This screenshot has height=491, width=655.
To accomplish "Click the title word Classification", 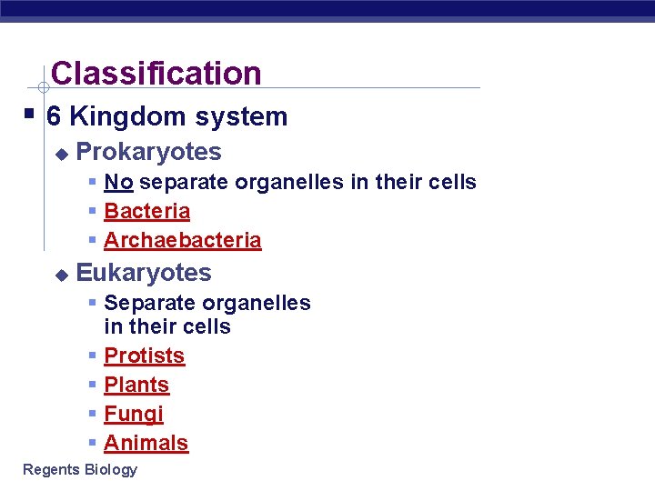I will [156, 74].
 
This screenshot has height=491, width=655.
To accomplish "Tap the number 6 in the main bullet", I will [54, 117].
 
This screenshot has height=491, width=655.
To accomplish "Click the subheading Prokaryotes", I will [148, 152].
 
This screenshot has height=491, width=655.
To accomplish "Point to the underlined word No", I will [118, 182].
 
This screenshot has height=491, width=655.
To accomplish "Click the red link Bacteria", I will [146, 211].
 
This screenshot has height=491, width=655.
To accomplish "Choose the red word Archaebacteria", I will [182, 240].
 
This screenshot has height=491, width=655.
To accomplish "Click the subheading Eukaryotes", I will [144, 273].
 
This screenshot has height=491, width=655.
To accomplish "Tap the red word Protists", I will [144, 356].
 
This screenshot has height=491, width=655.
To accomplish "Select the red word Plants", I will [136, 385].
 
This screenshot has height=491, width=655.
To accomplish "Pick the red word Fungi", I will [134, 414].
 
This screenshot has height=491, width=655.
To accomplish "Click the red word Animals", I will [146, 443].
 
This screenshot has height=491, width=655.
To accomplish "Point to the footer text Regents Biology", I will [80, 469].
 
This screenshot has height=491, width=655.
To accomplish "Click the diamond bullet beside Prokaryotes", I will [61, 154].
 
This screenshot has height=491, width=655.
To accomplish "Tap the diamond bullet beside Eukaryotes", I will [61, 274].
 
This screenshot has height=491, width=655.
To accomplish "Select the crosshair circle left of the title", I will [43, 88].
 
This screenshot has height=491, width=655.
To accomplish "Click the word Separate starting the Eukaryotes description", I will [146, 303].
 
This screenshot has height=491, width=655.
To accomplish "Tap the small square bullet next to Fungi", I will [93, 414].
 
